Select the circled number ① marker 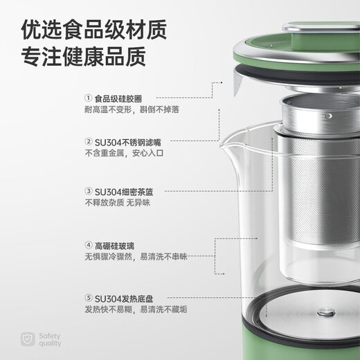coord(89,98)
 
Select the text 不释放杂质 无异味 coord(117,202)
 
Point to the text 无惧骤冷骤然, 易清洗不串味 coord(136,257)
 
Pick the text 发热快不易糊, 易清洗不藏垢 coord(136,308)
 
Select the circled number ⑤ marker coord(89,296)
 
